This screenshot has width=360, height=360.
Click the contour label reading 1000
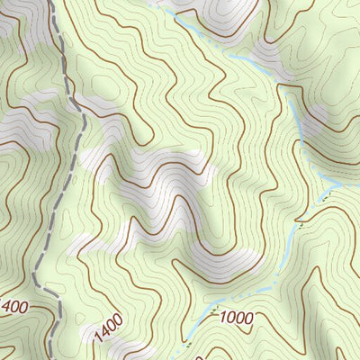234,318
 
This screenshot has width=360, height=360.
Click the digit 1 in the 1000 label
219,318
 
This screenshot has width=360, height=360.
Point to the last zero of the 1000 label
247,318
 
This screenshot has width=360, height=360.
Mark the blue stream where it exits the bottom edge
186,357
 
